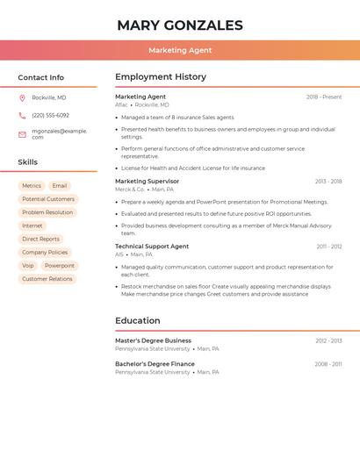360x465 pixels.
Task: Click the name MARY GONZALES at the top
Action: (180, 25)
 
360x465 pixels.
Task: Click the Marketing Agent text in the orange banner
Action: (180, 50)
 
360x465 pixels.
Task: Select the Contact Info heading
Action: (41, 77)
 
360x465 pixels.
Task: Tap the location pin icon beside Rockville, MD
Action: (22, 97)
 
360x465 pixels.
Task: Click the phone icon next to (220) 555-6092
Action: (22, 115)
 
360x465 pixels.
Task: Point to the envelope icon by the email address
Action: (22, 134)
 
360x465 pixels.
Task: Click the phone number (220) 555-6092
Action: (50, 115)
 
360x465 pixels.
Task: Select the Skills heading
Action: (28, 161)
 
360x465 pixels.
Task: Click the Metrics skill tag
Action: (32, 186)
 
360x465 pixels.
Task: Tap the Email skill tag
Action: (60, 186)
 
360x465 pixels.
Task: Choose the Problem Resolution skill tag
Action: (47, 212)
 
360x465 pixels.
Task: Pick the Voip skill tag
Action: (28, 265)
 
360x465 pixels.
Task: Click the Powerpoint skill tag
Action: (60, 265)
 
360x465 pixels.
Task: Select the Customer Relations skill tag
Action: (47, 279)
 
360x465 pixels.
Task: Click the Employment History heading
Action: (161, 77)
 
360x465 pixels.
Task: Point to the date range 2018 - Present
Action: (324, 97)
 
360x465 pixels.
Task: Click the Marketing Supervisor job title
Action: (147, 182)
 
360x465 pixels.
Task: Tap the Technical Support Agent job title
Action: (152, 247)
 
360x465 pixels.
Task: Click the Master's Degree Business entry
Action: (153, 340)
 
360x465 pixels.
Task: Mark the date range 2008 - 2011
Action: (328, 364)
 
